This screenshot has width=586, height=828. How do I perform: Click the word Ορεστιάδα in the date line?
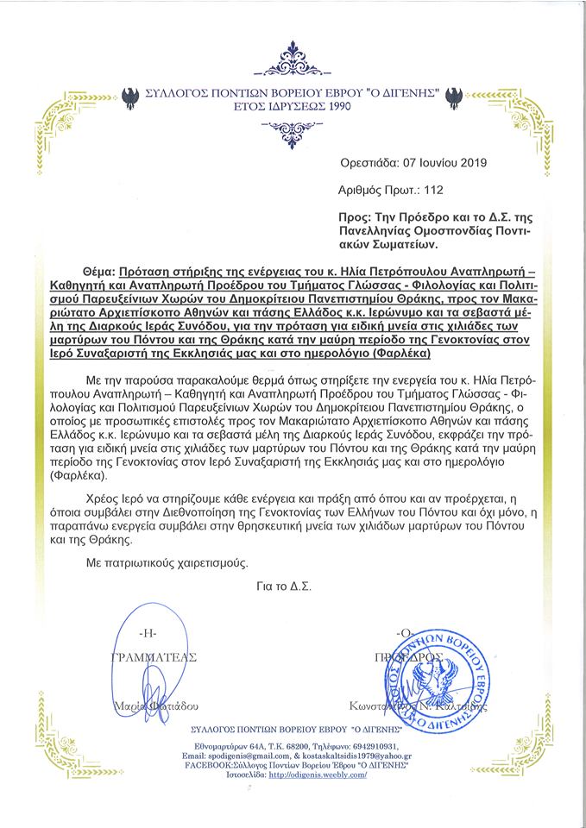pos(369,160)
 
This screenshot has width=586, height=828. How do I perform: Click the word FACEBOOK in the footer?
pos(205,766)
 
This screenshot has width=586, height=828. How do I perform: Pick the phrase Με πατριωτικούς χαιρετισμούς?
pos(165,563)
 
